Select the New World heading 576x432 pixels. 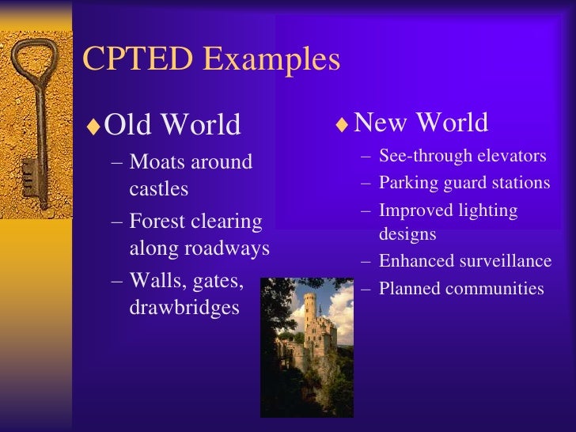pyautogui.click(x=420, y=123)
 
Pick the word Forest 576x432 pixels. pyautogui.click(x=161, y=221)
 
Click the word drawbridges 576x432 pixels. pyautogui.click(x=184, y=307)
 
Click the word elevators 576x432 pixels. pyautogui.click(x=510, y=156)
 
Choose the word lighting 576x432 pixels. pyautogui.click(x=491, y=210)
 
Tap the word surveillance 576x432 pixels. pyautogui.click(x=506, y=262)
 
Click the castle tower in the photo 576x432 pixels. pyautogui.click(x=309, y=316)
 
